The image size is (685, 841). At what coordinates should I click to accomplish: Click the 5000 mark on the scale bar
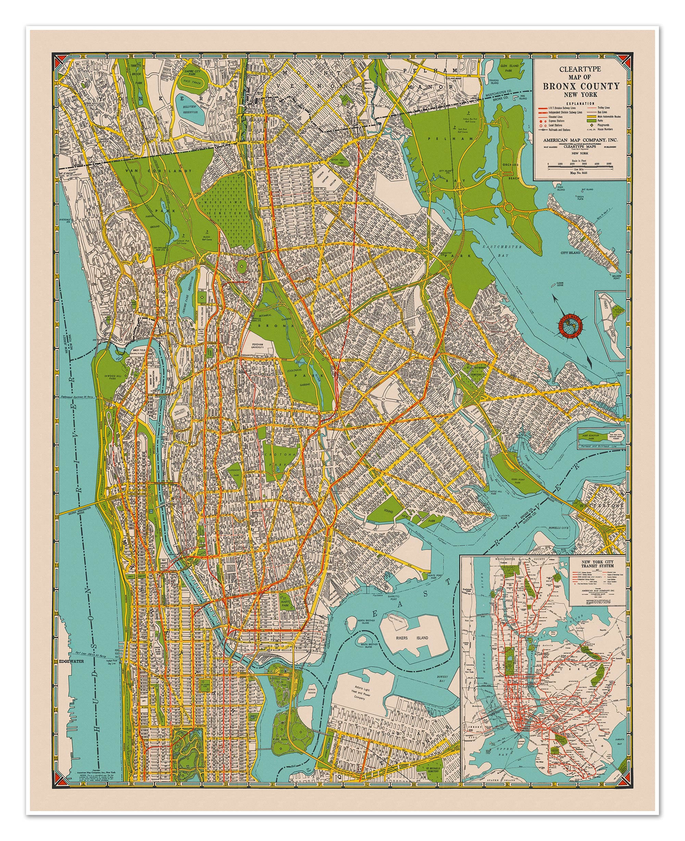tap(609, 163)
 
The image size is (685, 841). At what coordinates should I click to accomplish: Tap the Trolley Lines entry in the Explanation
tap(603, 107)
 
